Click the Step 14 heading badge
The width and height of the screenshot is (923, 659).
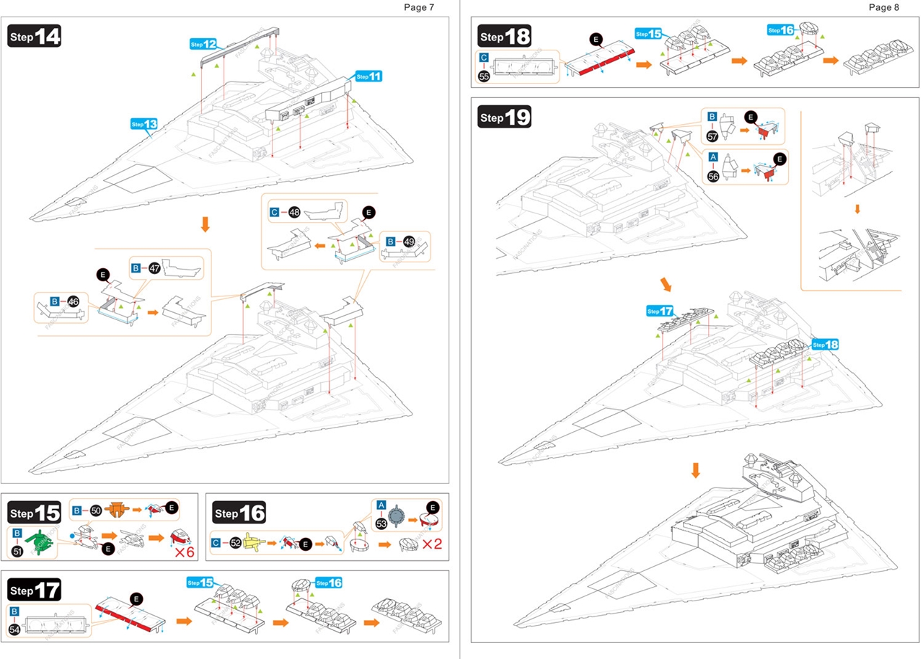pyautogui.click(x=35, y=36)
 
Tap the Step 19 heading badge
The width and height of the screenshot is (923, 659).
pyautogui.click(x=505, y=116)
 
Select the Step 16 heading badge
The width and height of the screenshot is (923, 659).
pyautogui.click(x=240, y=513)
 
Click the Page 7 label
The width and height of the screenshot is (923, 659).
pyautogui.click(x=419, y=7)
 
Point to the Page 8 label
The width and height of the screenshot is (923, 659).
pyautogui.click(x=884, y=7)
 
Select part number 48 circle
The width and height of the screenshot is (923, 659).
pyautogui.click(x=294, y=213)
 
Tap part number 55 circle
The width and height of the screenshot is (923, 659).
pyautogui.click(x=484, y=76)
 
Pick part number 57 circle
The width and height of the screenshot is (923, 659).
pyautogui.click(x=712, y=135)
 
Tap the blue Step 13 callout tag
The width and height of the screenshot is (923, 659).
pyautogui.click(x=143, y=124)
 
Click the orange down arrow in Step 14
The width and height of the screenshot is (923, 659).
pyautogui.click(x=205, y=224)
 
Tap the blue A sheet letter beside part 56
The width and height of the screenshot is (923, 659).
pyautogui.click(x=713, y=156)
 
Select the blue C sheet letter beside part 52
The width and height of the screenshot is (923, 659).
pyautogui.click(x=216, y=543)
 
